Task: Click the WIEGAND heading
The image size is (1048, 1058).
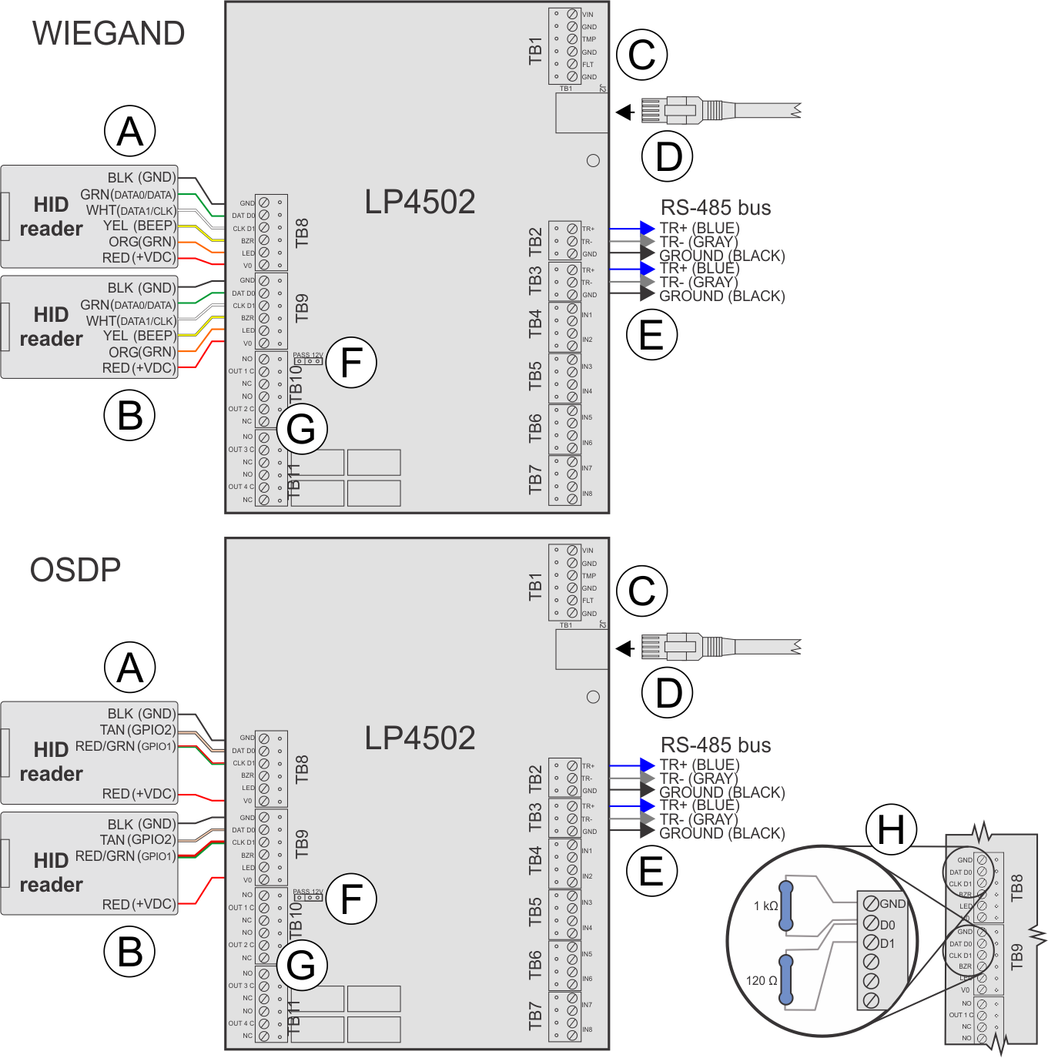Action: tap(109, 34)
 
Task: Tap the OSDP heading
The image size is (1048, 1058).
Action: tap(75, 571)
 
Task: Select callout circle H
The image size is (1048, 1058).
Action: tap(891, 830)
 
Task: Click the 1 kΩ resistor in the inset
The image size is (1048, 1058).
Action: tap(786, 906)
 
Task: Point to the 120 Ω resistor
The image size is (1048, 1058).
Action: tap(786, 980)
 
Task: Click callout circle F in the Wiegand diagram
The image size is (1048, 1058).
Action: tap(351, 363)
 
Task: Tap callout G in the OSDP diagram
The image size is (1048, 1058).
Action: tap(301, 966)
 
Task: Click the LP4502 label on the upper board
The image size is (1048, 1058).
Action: tap(420, 203)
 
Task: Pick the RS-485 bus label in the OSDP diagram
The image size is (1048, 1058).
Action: tap(716, 745)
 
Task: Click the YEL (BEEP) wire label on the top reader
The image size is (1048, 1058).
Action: tap(139, 226)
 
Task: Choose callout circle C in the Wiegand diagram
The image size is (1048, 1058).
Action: tap(641, 55)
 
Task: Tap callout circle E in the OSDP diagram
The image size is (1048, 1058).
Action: tap(651, 871)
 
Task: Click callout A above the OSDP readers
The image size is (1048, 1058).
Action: tap(130, 668)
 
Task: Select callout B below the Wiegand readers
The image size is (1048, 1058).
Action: tap(130, 416)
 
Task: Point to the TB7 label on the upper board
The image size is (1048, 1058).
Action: tap(535, 479)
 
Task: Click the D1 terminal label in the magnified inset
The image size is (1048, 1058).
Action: tap(888, 944)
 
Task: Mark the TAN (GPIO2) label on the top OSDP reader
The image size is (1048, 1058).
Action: tap(138, 730)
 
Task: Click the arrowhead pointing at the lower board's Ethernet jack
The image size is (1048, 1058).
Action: tap(624, 648)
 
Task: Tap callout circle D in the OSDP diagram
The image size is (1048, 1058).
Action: tap(668, 692)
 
